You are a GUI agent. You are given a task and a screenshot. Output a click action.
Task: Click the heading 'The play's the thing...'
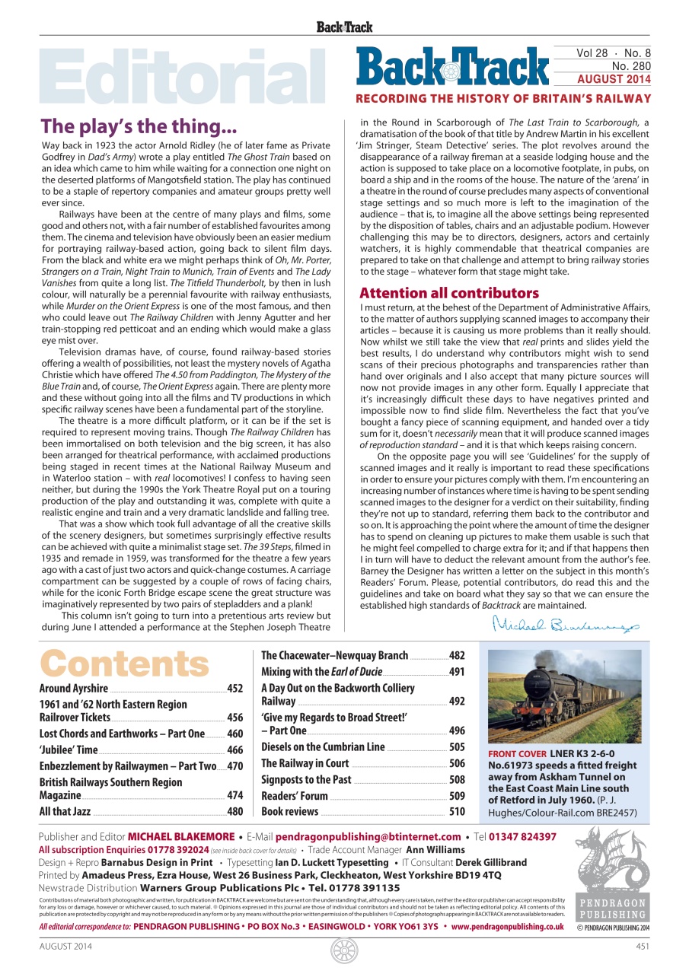click(x=139, y=126)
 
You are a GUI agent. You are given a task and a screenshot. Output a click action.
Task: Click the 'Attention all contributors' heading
click(x=448, y=293)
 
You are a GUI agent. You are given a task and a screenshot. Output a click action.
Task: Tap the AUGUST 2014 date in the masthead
click(x=614, y=79)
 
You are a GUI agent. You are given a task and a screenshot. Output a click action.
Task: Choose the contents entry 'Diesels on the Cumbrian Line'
click(x=323, y=747)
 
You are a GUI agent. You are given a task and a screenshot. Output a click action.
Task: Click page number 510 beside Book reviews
click(x=457, y=812)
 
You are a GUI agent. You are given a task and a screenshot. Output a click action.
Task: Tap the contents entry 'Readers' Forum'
click(x=294, y=796)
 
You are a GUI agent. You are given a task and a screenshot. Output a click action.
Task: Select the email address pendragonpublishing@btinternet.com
click(x=364, y=836)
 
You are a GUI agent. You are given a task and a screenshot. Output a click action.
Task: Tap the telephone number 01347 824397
click(x=523, y=836)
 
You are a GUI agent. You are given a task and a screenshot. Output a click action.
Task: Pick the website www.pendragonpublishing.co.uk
click(x=507, y=927)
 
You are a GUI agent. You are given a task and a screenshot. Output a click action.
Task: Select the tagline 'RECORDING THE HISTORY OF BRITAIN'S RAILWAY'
click(x=503, y=99)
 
